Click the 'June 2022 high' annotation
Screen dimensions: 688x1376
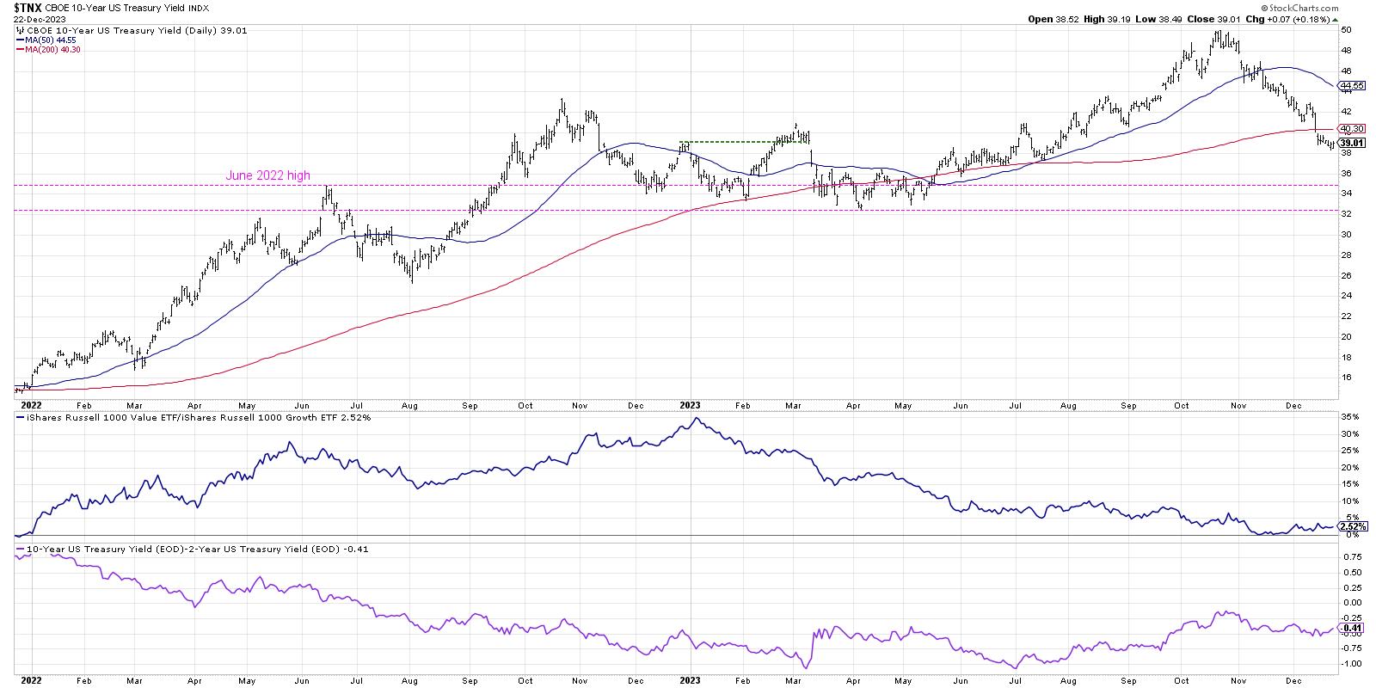pos(267,176)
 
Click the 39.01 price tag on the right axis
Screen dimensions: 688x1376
pos(1353,143)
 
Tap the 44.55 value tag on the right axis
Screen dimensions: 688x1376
pos(1353,86)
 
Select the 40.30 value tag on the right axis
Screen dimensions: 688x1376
pos(1353,129)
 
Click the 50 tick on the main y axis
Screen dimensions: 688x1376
pos(1347,29)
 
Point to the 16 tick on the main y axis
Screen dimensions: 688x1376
pos(1347,378)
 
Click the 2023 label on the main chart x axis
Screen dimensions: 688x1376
pos(690,403)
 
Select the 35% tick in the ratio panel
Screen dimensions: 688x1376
pos(1350,417)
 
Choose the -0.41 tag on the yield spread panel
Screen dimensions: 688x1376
pos(1352,628)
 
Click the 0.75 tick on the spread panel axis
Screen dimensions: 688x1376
pos(1350,556)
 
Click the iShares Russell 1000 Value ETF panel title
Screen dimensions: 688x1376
pos(120,417)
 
